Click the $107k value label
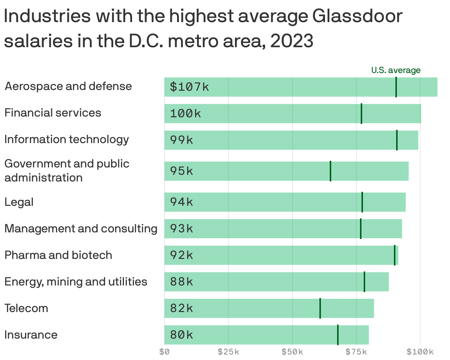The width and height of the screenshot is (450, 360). point(189,87)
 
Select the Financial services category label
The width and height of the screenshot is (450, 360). point(53,112)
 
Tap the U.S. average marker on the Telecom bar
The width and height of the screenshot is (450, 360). point(320,308)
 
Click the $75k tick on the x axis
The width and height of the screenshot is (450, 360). point(356,352)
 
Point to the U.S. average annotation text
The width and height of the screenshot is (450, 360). point(395,70)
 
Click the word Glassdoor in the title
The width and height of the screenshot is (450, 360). point(357,17)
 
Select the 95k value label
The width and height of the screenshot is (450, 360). point(181,171)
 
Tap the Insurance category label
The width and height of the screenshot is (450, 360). point(31,335)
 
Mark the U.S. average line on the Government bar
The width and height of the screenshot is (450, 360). point(330,171)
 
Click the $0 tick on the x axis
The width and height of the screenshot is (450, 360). point(165,352)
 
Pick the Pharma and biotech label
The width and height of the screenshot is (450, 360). point(58,255)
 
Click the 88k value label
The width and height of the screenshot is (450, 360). point(181,282)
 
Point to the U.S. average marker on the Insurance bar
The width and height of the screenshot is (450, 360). point(337,335)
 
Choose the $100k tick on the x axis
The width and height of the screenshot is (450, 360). point(420,352)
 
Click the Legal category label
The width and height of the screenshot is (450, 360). point(19,202)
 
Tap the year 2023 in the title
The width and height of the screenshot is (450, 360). point(291,42)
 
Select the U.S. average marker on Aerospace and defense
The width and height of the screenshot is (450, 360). point(396,87)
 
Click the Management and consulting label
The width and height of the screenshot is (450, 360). point(81,228)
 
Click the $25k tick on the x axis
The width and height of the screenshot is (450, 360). point(228,352)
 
